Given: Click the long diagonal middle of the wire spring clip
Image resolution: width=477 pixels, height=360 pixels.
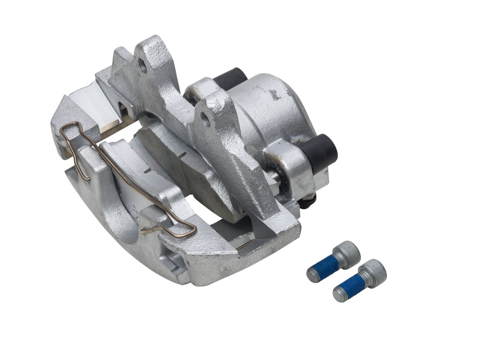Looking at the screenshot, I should point(127,175).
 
